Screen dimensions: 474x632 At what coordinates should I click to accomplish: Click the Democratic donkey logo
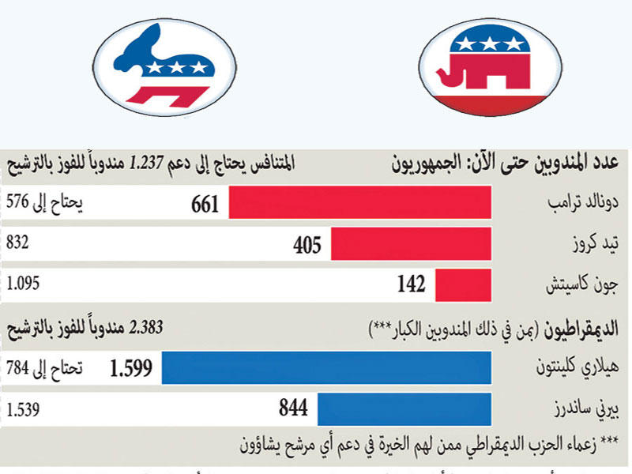(x=168, y=73)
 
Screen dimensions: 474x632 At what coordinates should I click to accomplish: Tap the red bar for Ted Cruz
(x=411, y=244)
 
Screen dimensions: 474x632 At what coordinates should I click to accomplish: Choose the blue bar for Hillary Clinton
(x=326, y=368)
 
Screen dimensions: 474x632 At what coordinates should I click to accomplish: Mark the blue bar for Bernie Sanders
(x=404, y=408)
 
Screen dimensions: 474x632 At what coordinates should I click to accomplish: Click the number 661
(x=205, y=205)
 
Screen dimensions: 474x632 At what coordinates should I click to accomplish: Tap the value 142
(x=411, y=284)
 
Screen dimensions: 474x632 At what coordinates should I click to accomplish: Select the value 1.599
(x=132, y=369)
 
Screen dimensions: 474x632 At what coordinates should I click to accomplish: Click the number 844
(x=292, y=409)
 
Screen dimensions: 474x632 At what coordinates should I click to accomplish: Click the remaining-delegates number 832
(x=18, y=243)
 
